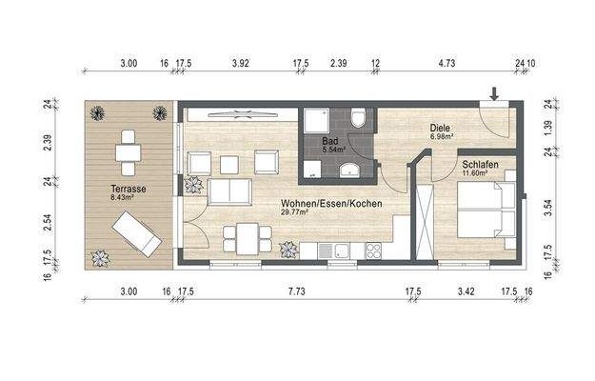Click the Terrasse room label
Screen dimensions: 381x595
click(x=127, y=190)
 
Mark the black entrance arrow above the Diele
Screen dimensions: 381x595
click(x=493, y=93)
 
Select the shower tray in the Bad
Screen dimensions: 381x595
click(x=315, y=122)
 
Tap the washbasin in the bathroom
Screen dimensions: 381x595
click(x=351, y=170)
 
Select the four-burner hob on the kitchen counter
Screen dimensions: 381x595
click(x=372, y=251)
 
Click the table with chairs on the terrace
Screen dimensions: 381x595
click(x=128, y=151)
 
